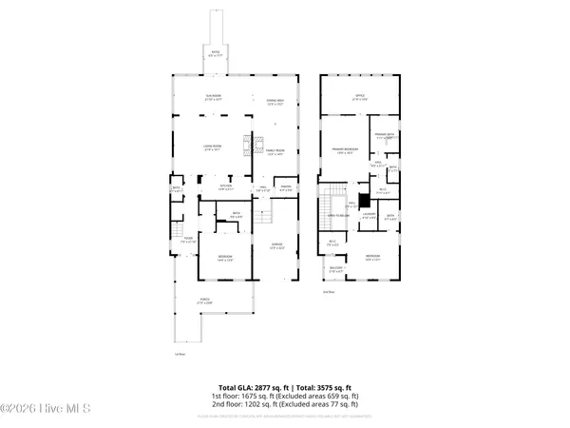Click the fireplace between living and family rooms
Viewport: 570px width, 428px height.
249,146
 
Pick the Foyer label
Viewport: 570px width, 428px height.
188,239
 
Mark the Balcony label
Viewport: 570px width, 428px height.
335,269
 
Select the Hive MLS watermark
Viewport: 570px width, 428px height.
46,410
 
